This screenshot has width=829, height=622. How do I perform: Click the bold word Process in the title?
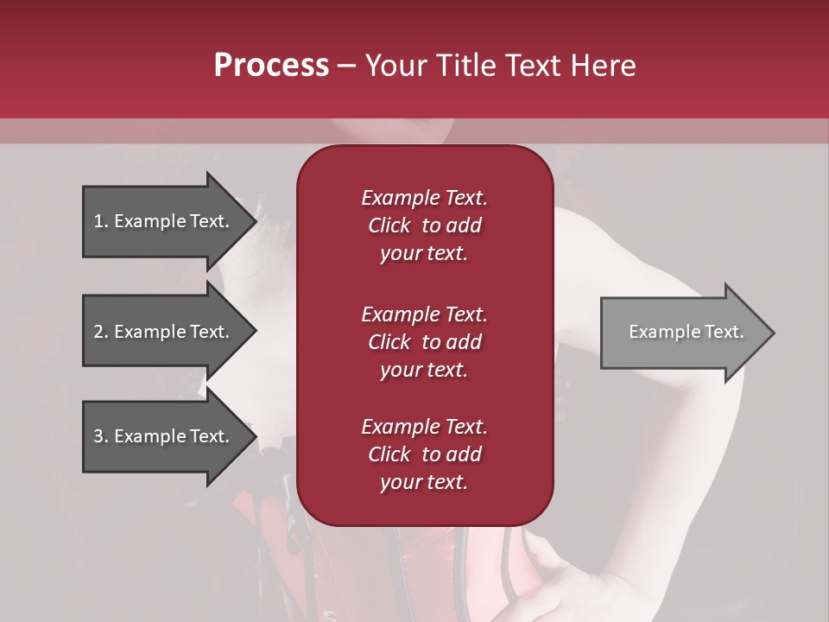pos(271,66)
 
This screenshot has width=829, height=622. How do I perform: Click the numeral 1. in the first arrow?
pos(100,221)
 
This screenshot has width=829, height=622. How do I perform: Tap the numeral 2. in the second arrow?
pos(100,332)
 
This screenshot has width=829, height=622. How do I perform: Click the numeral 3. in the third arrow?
pos(100,436)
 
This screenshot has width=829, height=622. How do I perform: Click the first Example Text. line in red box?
pos(424,198)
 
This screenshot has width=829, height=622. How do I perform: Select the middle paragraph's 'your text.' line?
pos(424,370)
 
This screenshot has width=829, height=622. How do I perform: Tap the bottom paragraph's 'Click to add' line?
pos(424,454)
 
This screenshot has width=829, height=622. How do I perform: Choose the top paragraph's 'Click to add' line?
pos(424,225)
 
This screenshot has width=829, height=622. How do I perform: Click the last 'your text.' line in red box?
pos(424,482)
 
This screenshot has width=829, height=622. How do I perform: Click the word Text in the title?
pos(534,66)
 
